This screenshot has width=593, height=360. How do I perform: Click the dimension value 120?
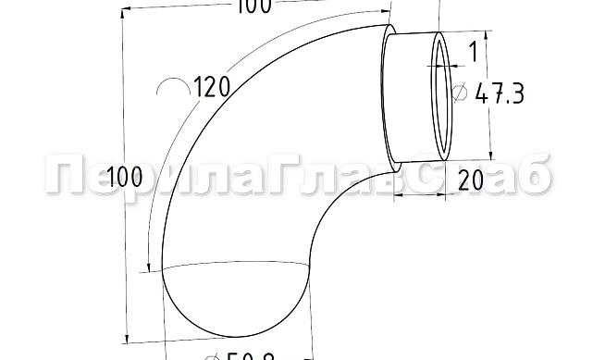(x=213, y=88)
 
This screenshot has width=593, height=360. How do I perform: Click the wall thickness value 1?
(x=472, y=53)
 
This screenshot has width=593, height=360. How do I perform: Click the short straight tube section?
(x=412, y=97)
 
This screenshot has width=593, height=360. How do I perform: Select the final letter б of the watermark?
(x=532, y=176)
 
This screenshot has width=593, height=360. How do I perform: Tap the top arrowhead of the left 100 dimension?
(x=122, y=16)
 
